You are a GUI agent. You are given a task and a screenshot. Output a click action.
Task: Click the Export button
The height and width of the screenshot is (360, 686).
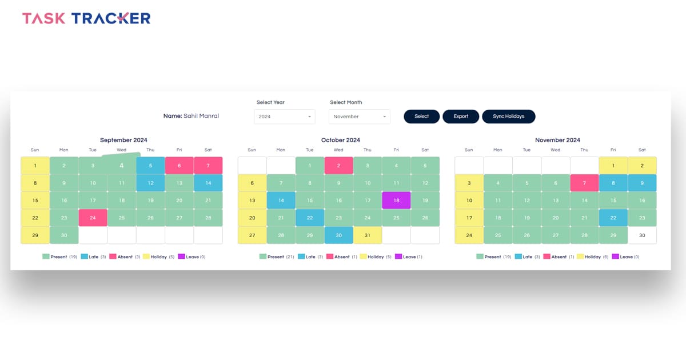coord(461,117)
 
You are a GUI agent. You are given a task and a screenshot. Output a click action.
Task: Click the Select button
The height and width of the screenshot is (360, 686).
coord(421,117)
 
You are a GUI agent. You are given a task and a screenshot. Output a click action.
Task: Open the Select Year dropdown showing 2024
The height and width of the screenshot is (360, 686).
coord(285,117)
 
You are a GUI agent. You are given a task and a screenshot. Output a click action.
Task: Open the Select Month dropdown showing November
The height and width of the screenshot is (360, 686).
coord(359,117)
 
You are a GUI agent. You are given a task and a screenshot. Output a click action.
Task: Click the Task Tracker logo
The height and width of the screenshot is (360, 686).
coord(86,18)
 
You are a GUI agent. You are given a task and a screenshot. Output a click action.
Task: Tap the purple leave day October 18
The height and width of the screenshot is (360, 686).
coord(396,201)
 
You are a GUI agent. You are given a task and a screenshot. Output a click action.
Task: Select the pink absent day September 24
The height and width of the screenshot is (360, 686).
coord(93,218)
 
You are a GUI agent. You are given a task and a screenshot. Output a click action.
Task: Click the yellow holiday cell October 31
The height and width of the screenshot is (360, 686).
coord(368,235)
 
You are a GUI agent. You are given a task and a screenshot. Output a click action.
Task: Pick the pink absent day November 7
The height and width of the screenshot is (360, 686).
coord(584,183)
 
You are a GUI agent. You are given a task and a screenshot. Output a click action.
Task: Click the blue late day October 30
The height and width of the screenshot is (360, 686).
coord(338,235)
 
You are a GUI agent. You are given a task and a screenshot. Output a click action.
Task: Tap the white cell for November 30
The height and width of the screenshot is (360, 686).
coord(642,235)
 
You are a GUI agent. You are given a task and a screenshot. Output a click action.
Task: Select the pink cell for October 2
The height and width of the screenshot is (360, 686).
coord(338,166)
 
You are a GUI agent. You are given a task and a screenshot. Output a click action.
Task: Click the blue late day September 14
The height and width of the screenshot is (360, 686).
coord(208,183)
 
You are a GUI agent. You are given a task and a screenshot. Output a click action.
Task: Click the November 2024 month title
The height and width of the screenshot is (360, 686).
coord(557,140)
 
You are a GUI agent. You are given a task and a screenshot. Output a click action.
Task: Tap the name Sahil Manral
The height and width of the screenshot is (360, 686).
coord(201,116)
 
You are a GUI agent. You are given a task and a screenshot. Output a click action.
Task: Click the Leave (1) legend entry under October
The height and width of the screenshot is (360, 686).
coord(409,257)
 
